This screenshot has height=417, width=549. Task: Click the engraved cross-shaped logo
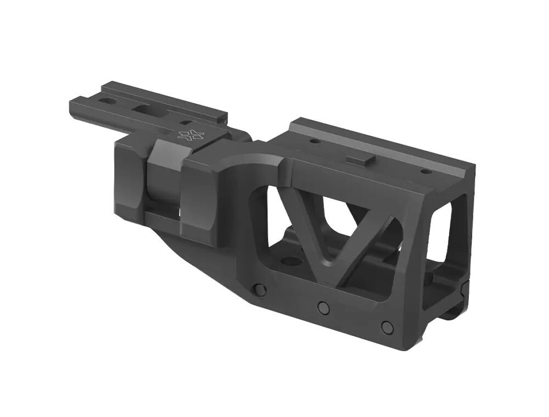point(191,135)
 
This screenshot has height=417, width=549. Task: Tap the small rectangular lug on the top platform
point(361,159)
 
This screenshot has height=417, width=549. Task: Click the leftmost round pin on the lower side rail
point(257,289)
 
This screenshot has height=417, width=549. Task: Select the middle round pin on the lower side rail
point(324,308)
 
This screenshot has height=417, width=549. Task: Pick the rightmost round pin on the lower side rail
point(388,326)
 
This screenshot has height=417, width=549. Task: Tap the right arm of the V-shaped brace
point(368,244)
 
